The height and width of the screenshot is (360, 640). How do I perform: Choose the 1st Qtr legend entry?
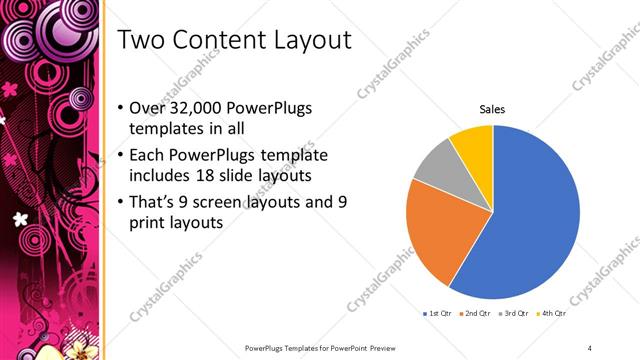(439, 314)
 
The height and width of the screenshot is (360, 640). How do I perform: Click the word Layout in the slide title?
(314, 41)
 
